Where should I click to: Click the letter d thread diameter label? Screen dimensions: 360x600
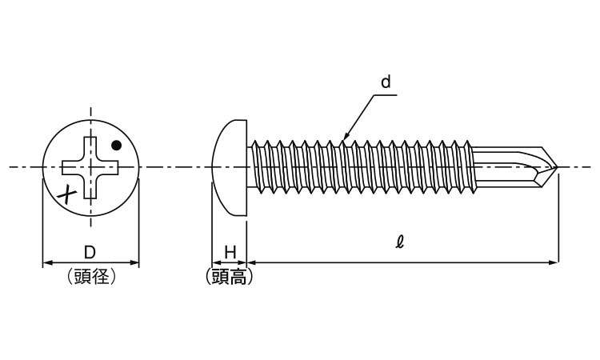tap(386, 82)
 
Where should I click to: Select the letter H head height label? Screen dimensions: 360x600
tap(230, 252)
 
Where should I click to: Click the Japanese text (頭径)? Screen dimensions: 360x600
tap(90, 277)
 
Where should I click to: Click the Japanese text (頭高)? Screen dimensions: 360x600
tap(230, 277)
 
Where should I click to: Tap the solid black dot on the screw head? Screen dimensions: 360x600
tap(117, 146)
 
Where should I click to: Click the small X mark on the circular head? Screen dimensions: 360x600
tap(70, 192)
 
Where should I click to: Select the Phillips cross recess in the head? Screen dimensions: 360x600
tap(93, 167)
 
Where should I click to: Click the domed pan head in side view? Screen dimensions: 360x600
tap(231, 167)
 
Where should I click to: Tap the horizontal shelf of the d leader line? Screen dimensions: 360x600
tap(386, 95)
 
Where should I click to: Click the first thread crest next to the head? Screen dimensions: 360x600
tap(255, 145)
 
